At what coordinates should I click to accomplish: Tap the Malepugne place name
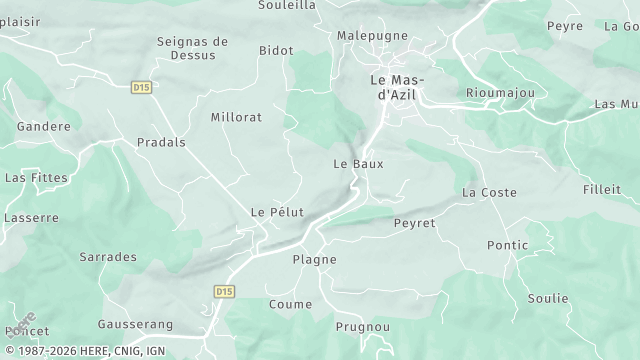pos(373,35)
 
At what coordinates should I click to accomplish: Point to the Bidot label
pos(276,50)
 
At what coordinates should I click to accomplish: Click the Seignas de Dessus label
pos(193,48)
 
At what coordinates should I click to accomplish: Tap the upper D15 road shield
pos(141,88)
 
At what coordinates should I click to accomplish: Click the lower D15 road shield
pos(224,291)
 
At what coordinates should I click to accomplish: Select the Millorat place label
pos(236,117)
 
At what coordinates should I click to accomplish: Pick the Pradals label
pos(161,142)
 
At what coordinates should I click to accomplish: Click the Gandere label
pos(44,127)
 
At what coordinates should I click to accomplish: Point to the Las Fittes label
pos(37,177)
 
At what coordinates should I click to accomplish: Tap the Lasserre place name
pos(32,217)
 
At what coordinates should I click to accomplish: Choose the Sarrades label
pos(108,257)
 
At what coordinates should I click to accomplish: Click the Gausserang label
pos(136,324)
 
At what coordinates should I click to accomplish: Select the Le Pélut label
pos(277,212)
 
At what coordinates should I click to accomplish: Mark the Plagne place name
pos(314,259)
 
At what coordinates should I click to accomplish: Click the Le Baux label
pos(358,163)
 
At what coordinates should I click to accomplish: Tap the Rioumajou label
pos(500,92)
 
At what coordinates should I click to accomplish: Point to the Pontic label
pos(507,245)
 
